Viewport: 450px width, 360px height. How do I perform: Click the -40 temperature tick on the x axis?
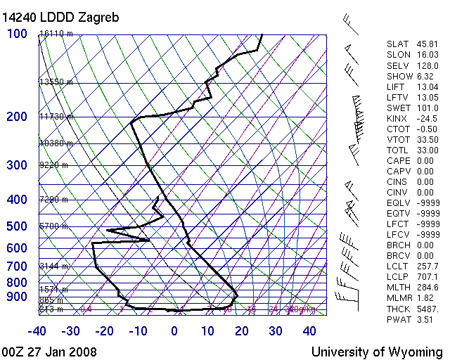coord(37,330)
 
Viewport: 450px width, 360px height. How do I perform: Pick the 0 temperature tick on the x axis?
coord(174,330)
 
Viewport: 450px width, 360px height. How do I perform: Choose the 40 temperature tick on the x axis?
coord(309,330)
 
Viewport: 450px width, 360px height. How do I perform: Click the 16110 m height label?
coord(56,34)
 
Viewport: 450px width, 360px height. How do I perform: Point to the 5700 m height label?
coord(53,226)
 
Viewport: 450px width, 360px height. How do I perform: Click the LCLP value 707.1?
coord(427,277)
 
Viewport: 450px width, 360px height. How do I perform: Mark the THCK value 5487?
coord(427,309)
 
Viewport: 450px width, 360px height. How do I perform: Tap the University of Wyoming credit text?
coord(377,352)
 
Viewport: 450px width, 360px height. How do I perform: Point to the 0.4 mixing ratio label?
coord(86,309)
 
